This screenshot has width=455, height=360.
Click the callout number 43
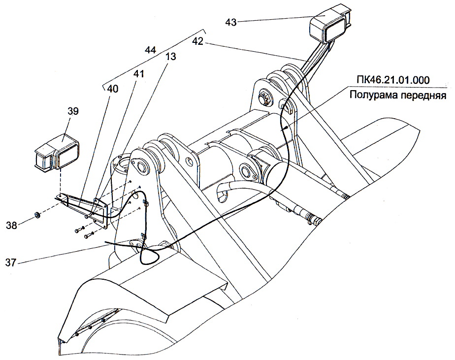point(231,22)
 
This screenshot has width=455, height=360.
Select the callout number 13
point(170,57)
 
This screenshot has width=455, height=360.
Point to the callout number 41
point(138,74)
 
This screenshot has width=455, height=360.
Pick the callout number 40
point(113,89)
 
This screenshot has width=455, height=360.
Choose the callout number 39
point(73,112)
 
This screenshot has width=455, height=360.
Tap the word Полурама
point(372,95)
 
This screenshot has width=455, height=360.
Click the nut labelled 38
point(36,215)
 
